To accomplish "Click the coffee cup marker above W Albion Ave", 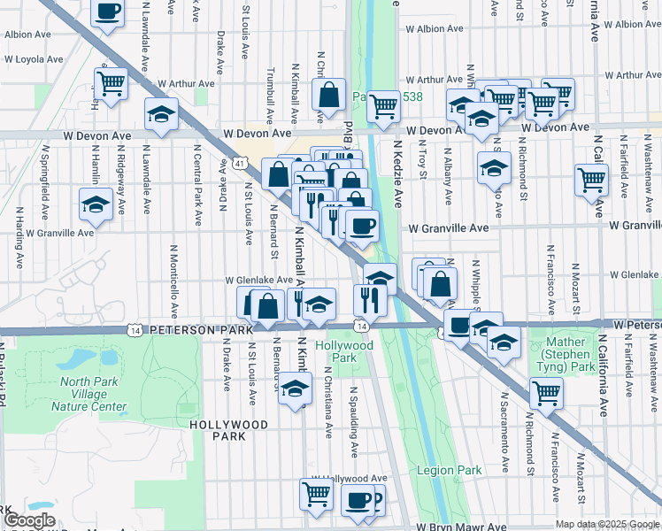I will point(107,12).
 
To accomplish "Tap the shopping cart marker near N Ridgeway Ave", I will point(112,85).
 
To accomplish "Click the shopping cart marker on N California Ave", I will point(591,180).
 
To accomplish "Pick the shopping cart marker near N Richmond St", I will point(546,392).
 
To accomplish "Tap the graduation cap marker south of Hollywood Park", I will point(296,388).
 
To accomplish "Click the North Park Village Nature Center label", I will point(88,395).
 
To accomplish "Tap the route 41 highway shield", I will point(240,163).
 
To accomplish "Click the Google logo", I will point(28,520).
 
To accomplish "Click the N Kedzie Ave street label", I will point(398,173).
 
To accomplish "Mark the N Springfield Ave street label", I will point(42,189).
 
